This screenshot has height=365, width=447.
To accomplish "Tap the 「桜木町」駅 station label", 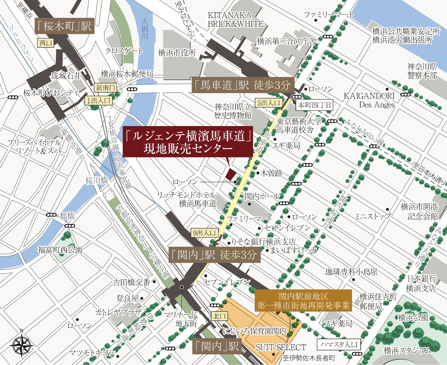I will tap(64, 26).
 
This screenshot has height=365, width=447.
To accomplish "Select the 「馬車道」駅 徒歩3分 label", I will tap(242, 85).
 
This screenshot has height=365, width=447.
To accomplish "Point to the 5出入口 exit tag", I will tap(268, 103).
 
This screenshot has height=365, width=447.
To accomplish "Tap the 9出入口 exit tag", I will tap(205, 233).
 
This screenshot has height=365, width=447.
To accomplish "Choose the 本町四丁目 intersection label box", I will tap(314, 105).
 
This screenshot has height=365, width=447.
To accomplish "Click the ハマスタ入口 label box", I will tap(339, 345).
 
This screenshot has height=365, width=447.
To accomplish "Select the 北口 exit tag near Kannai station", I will tap(219, 316).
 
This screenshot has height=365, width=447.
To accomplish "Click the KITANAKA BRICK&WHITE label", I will tap(235, 20).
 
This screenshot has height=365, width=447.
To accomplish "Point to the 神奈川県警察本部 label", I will tap(422, 71).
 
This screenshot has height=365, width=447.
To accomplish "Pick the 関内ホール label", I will tap(262, 196).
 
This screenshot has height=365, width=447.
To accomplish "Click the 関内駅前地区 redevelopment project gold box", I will tap(303, 301).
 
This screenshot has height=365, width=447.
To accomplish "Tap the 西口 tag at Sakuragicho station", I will tap(46, 43).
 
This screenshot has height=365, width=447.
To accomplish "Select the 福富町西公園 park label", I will tap(60, 250).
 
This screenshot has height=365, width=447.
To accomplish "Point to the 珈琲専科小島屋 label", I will tap(351, 272).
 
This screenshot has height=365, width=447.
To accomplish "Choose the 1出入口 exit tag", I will tap(98, 101).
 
